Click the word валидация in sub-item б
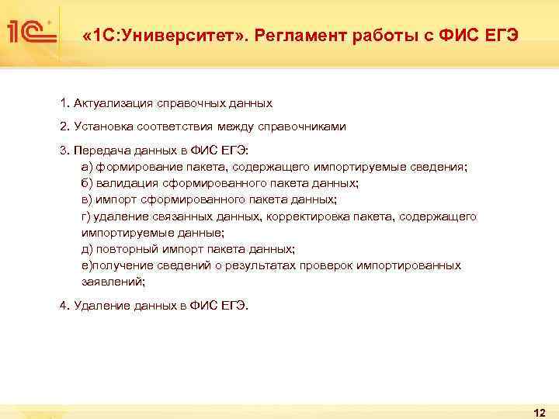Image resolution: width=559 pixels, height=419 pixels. pyautogui.click(x=127, y=183)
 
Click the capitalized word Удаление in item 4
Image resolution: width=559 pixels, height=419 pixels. pyautogui.click(x=102, y=306)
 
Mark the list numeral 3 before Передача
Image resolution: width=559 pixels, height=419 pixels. pyautogui.click(x=62, y=150)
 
